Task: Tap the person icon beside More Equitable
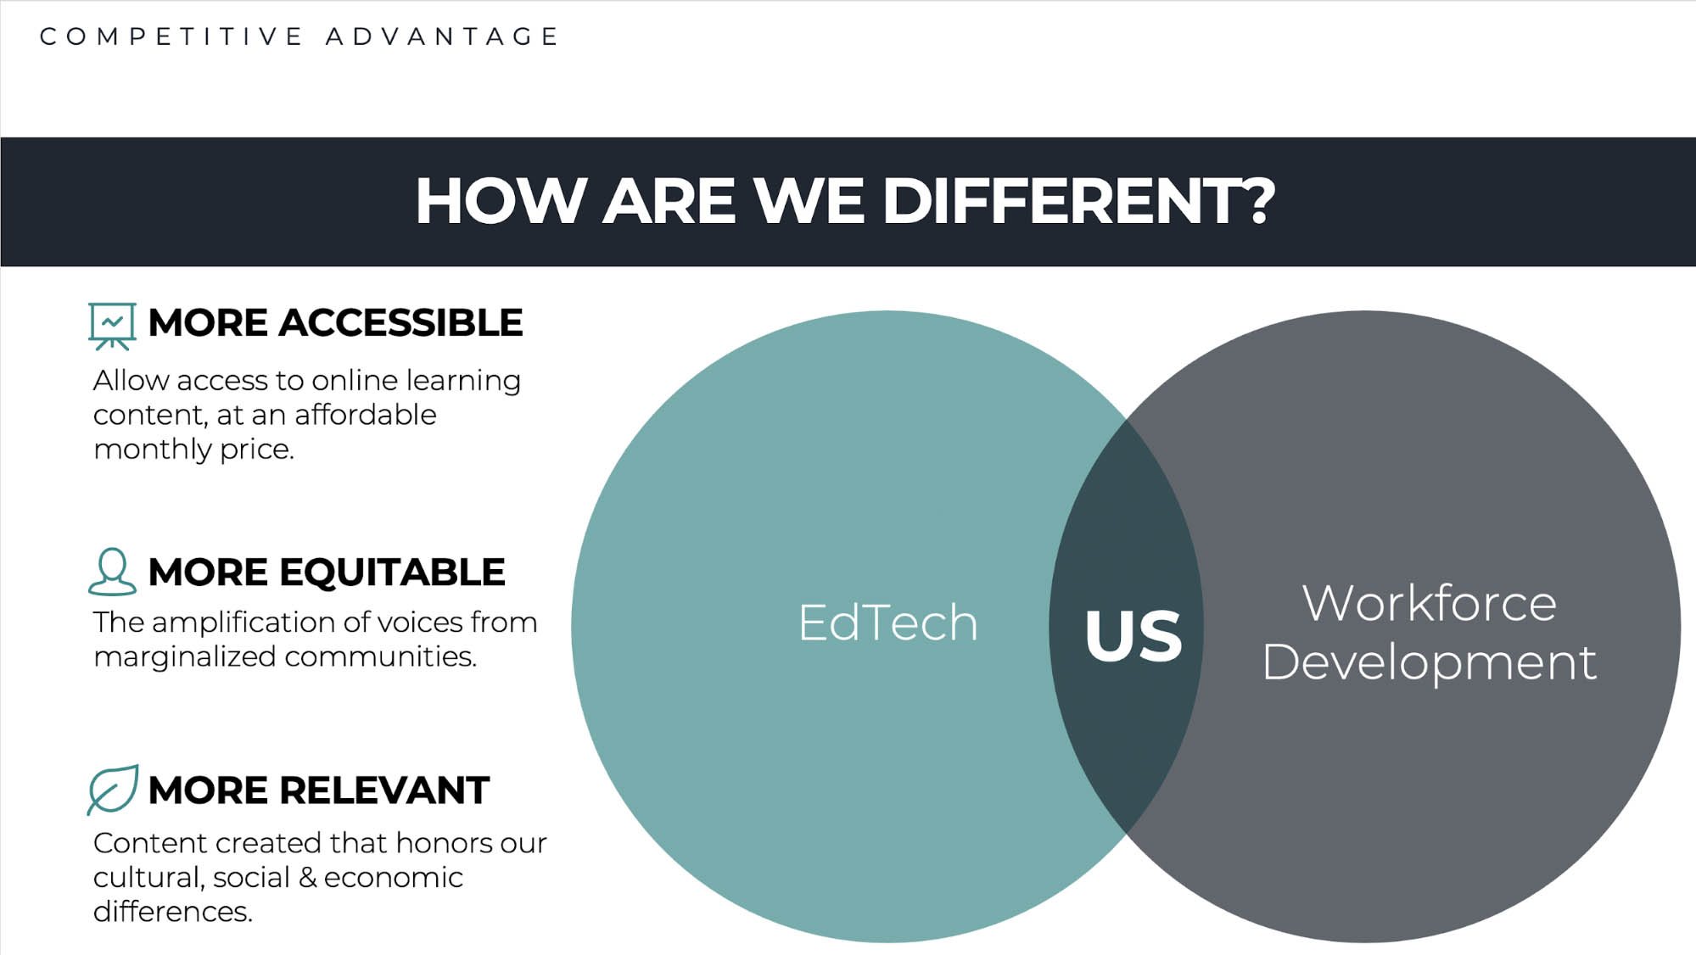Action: (x=112, y=572)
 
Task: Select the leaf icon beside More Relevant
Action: (x=113, y=790)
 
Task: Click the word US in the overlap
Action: (x=1133, y=635)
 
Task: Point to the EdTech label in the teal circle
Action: (x=887, y=623)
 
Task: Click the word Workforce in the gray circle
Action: (x=1430, y=603)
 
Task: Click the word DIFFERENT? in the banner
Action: (x=1078, y=202)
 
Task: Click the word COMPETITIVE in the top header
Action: (x=171, y=36)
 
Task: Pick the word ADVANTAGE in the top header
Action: (x=442, y=36)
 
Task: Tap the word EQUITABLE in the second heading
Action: (x=393, y=572)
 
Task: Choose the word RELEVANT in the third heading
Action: (x=384, y=790)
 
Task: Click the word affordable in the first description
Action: (x=366, y=415)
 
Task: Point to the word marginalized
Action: (x=185, y=657)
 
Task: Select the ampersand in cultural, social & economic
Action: (x=309, y=877)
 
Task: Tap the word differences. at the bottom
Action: (x=173, y=911)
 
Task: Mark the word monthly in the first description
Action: (x=153, y=450)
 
